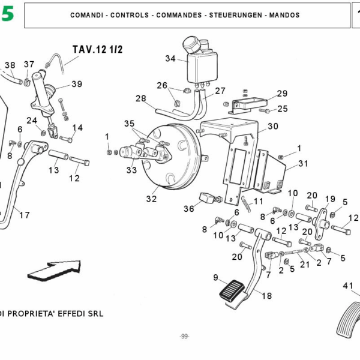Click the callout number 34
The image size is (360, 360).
click(x=170, y=59)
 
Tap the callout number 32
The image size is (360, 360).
click(x=151, y=199)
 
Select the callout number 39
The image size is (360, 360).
click(x=77, y=84)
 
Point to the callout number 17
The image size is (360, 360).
click(x=24, y=214)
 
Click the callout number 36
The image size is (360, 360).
click(x=189, y=209)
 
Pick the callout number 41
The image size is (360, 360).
click(x=348, y=286)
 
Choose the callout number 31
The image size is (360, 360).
click(x=302, y=163)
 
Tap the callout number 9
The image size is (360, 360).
click(x=215, y=277)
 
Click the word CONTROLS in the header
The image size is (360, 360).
click(x=130, y=15)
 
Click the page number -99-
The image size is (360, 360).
click(x=184, y=336)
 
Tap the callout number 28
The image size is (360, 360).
click(x=141, y=98)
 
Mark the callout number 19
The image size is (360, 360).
click(x=330, y=199)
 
